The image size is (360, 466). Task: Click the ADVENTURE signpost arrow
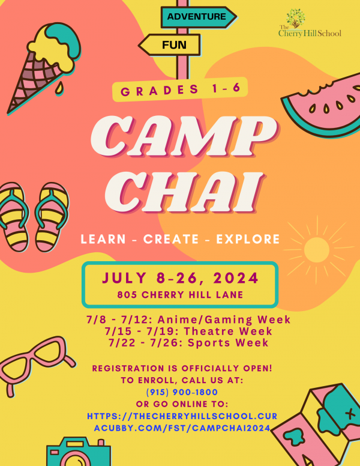click(199, 17)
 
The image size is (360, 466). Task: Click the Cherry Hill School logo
click(310, 23)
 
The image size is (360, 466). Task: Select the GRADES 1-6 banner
click(180, 89)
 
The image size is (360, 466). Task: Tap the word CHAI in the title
click(184, 192)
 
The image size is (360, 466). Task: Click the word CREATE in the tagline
click(171, 239)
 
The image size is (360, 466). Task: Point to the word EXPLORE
click(248, 239)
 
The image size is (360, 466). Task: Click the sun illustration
click(317, 249)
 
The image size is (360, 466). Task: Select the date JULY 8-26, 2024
click(180, 278)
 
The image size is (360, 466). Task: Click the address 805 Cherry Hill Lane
click(180, 294)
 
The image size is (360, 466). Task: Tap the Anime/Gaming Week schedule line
click(188, 319)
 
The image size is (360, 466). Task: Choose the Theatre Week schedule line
click(188, 331)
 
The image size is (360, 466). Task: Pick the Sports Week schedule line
click(188, 343)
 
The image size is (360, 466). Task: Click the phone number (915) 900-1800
click(182, 392)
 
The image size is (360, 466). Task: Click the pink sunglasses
click(35, 363)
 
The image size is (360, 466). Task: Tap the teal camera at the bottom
click(79, 452)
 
